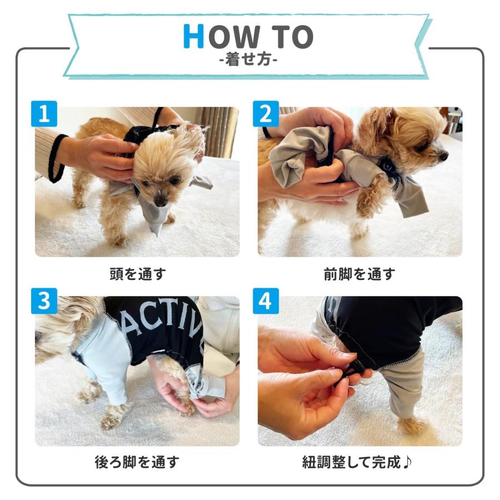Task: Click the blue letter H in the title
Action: pos(193,36)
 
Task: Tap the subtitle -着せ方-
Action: pos(248,59)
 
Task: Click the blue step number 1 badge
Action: pos(44,113)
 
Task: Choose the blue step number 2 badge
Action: pos(266,113)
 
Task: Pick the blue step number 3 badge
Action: pos(44,301)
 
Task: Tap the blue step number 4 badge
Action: pos(266,301)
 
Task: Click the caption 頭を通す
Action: pos(138,274)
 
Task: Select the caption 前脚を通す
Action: pos(359,274)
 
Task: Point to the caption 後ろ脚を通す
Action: pos(137,462)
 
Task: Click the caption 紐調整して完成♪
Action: pos(357,462)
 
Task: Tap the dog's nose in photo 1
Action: pos(161,201)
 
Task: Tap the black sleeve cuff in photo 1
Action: pos(57,158)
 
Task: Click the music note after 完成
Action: pos(407,462)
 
